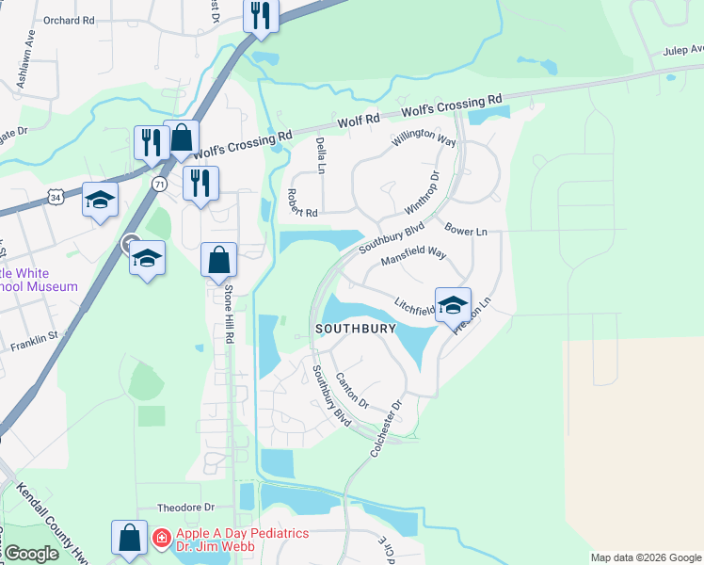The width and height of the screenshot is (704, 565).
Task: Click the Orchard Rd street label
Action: pos(70,19)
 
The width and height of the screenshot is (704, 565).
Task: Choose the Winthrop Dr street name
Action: pos(422,191)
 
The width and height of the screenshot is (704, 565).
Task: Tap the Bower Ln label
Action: pos(466,230)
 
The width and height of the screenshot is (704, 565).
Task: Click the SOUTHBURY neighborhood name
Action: pos(357,329)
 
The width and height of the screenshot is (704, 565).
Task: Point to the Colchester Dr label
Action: pos(386,428)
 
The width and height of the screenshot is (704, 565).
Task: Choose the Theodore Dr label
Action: pos(186,506)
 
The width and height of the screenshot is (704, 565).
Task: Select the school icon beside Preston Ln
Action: pos(453,304)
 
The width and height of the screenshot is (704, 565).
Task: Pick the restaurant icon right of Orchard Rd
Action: pos(261,15)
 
